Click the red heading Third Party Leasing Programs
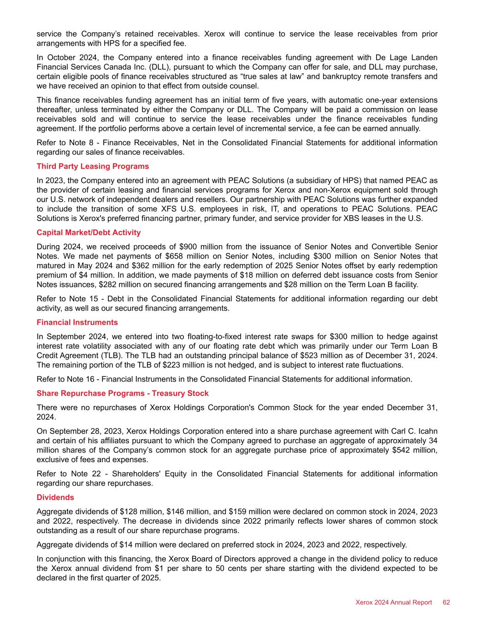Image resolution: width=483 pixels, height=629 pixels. [93, 166]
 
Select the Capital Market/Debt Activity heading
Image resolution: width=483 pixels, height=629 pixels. [88, 232]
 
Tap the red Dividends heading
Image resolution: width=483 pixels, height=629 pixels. [55, 497]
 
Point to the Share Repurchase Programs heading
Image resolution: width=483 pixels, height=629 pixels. [122, 393]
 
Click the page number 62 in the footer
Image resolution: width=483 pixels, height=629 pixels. [446, 602]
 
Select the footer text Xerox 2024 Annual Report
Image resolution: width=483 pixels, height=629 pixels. [394, 602]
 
